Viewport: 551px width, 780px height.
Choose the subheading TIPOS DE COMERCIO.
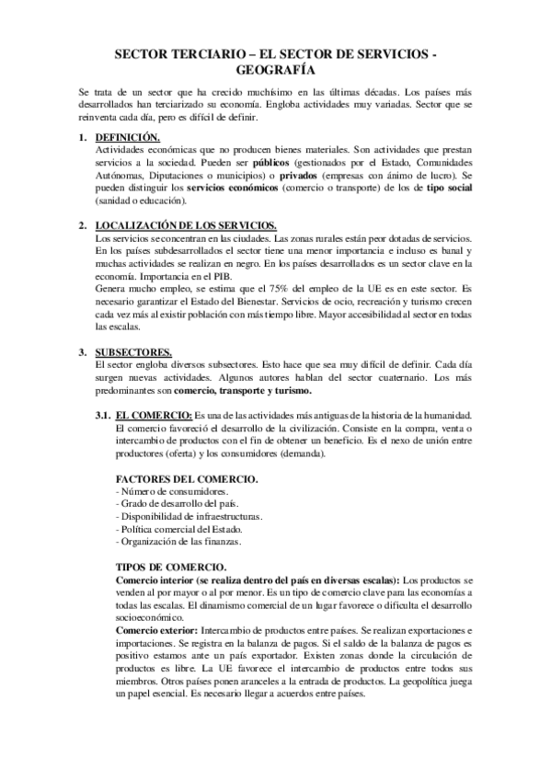170,568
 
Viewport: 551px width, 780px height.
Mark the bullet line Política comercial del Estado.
170,530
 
